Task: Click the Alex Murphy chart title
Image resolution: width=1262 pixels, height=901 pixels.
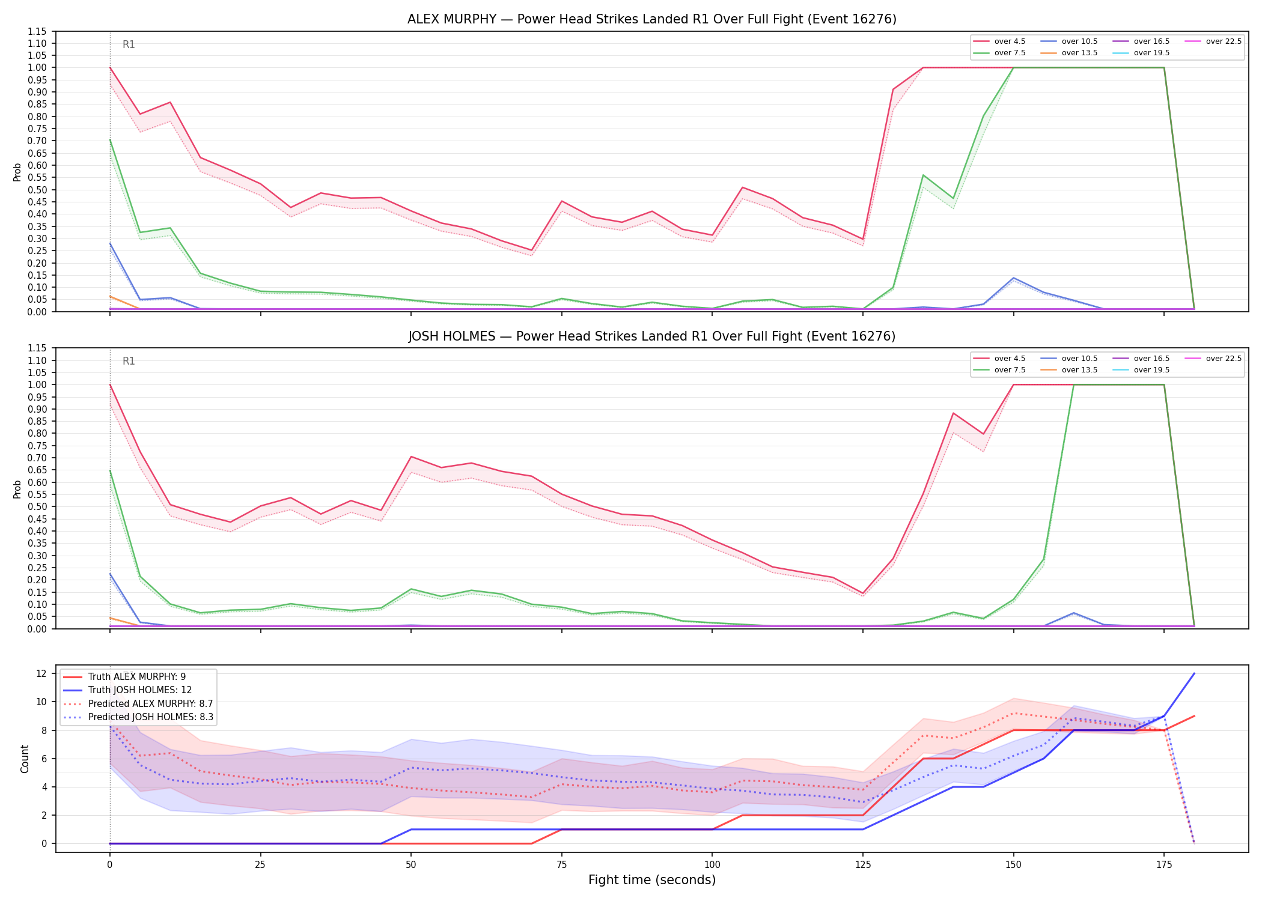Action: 652,19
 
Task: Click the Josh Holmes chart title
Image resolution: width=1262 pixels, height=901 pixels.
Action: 652,336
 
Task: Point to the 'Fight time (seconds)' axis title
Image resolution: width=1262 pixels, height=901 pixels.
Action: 652,880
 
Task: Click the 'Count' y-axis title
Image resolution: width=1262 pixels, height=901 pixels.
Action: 25,759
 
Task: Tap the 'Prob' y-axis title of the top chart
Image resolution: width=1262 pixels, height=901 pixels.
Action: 17,172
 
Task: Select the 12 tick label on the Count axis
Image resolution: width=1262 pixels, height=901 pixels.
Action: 41,673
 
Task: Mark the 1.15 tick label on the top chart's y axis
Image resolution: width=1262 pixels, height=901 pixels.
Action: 37,31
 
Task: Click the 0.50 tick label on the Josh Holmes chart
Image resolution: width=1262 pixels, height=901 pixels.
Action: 37,506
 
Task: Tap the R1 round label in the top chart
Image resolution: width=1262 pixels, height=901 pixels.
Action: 129,44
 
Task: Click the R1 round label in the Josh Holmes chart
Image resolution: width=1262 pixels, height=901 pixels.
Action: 129,361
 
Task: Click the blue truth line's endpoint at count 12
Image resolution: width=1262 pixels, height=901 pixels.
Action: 1194,673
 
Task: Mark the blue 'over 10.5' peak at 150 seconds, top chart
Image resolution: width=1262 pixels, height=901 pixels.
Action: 1014,278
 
